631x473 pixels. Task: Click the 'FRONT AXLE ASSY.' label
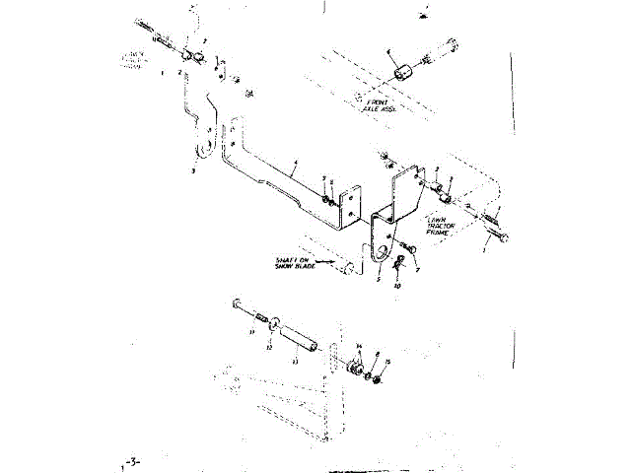click(x=379, y=105)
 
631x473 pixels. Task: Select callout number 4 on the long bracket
click(x=295, y=162)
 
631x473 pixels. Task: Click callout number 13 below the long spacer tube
click(x=294, y=362)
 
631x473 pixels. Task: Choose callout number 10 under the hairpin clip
click(x=396, y=286)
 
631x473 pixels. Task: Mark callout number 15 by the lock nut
click(x=387, y=363)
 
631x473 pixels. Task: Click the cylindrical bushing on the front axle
click(x=402, y=74)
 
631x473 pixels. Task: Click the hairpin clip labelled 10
click(x=396, y=265)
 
